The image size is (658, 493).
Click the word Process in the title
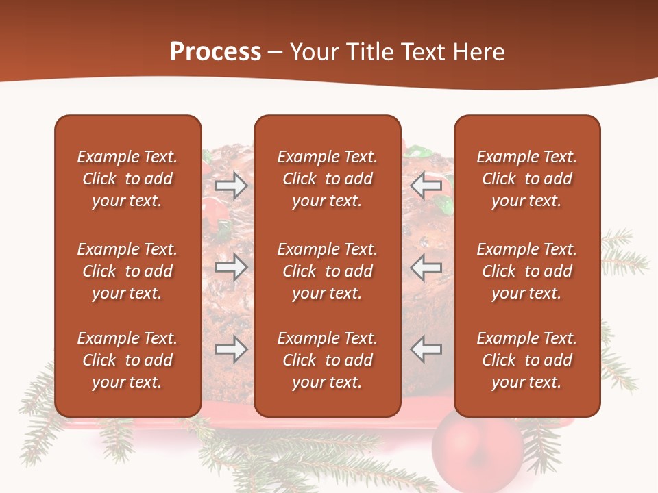[x=215, y=52]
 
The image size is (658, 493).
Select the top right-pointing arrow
[x=231, y=186]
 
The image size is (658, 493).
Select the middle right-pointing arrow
[x=231, y=267]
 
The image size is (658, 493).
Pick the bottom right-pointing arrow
[x=231, y=349]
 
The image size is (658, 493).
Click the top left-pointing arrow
[x=426, y=186]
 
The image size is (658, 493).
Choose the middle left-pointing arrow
[x=426, y=267]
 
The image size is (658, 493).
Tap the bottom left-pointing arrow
[x=426, y=349]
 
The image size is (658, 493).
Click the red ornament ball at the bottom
[x=478, y=452]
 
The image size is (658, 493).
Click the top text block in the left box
[x=127, y=179]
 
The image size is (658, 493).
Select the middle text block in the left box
[x=127, y=271]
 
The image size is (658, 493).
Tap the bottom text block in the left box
[x=127, y=360]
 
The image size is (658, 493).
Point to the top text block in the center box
[x=327, y=179]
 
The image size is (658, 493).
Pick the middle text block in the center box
[x=327, y=271]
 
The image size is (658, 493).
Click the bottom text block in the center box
[x=327, y=360]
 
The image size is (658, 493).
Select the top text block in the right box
[x=527, y=179]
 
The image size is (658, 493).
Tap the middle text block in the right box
[x=527, y=271]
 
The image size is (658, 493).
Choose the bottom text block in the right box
[x=527, y=360]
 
